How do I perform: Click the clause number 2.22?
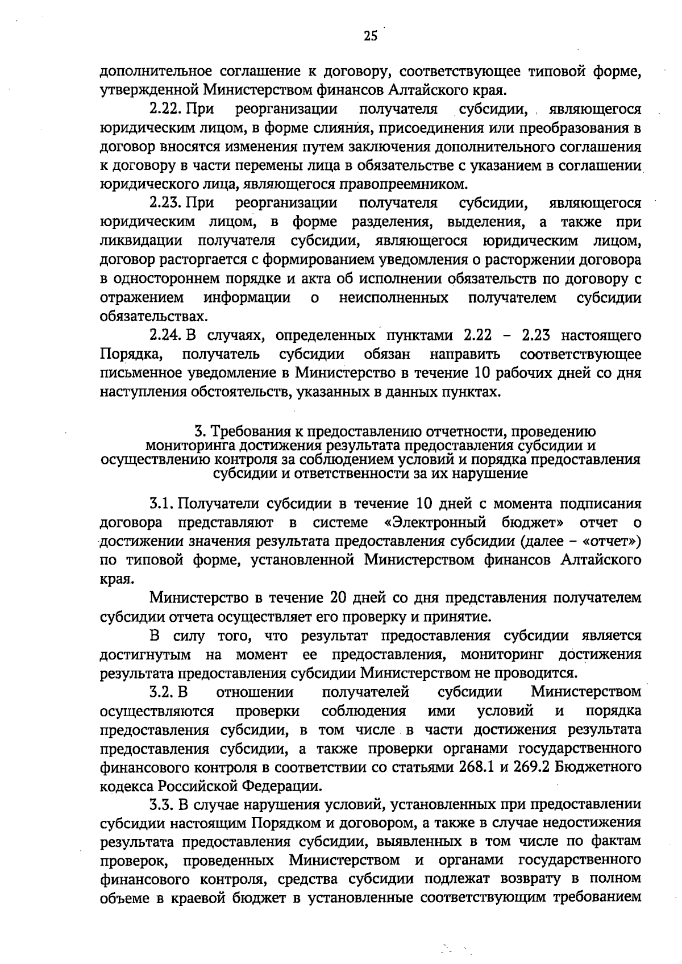165,109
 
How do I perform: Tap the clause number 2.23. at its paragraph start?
165,203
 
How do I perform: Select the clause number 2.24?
165,335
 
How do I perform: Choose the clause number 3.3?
161,805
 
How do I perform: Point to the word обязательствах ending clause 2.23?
150,316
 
